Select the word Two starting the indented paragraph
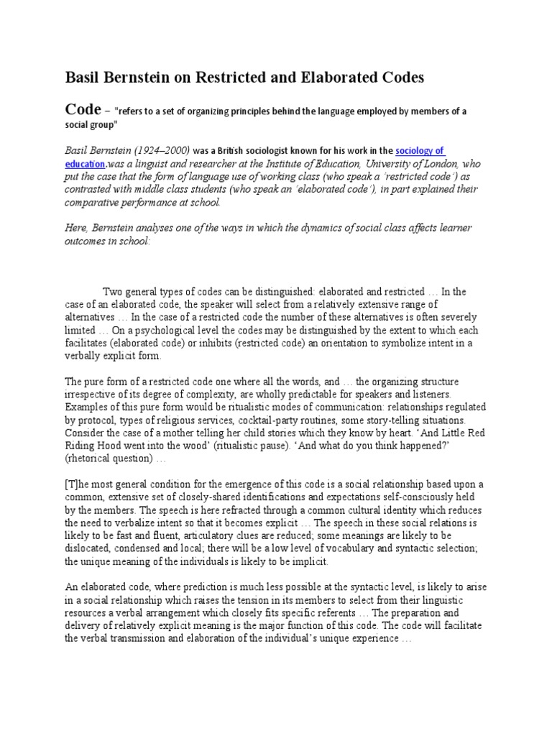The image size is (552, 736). click(x=115, y=292)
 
